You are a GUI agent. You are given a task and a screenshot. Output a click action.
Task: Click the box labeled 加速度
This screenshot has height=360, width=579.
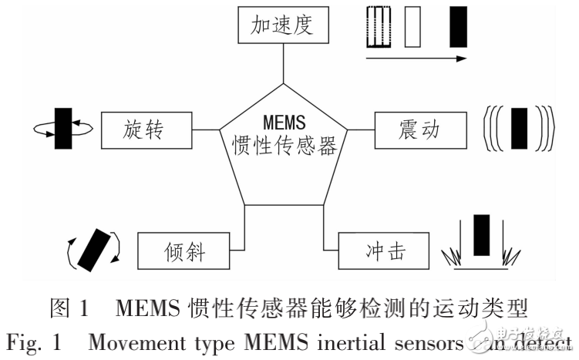tap(283, 25)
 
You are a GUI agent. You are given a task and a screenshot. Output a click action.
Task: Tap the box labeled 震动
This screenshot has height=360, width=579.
tap(420, 130)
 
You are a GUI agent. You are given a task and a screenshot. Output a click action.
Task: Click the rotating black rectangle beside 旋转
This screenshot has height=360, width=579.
tap(62, 128)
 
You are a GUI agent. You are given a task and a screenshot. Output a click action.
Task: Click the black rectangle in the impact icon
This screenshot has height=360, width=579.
tap(482, 236)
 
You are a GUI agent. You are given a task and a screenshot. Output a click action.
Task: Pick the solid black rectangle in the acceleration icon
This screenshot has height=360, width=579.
tap(458, 27)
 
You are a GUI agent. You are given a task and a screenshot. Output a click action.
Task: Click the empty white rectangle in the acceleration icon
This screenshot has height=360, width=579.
tap(413, 27)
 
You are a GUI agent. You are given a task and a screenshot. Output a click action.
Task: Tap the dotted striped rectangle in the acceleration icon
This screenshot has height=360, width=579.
tap(375, 27)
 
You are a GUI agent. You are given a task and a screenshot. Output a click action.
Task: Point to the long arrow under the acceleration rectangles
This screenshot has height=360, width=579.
tap(416, 58)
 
